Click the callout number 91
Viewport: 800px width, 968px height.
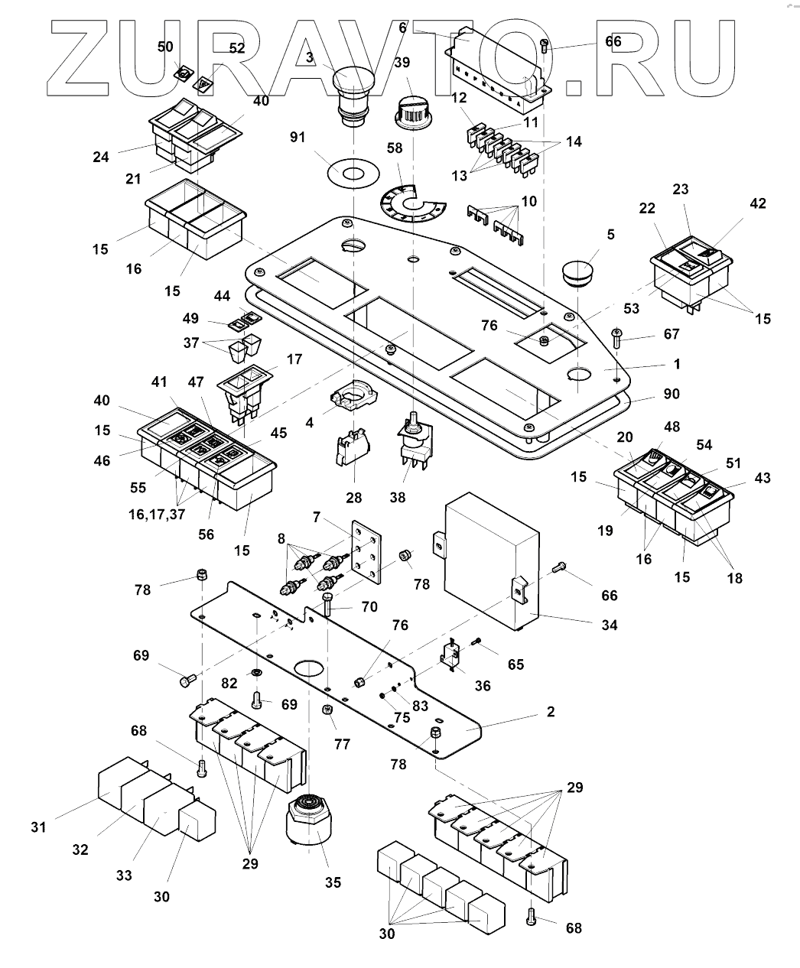click(298, 138)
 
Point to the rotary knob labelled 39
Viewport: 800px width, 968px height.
click(413, 112)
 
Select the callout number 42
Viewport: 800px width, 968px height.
click(758, 204)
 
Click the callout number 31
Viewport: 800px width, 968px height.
click(38, 827)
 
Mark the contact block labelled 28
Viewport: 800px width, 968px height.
click(349, 452)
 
